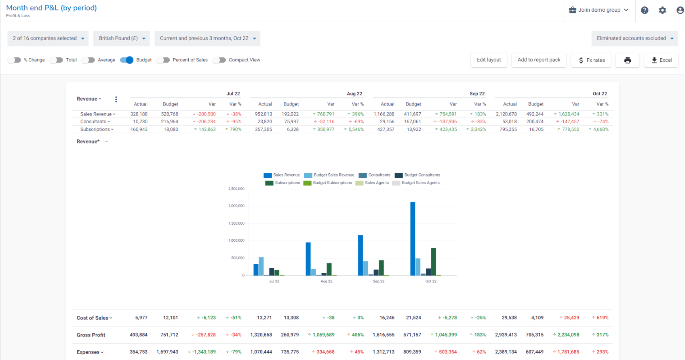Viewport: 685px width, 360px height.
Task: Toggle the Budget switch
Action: pos(127,60)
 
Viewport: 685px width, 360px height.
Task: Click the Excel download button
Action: pos(661,60)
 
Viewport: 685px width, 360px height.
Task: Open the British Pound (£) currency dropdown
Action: pos(122,38)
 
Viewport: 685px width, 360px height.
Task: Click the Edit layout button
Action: pos(489,60)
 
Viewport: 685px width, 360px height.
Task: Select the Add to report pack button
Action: pos(539,60)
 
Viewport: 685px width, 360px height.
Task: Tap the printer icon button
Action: pos(627,60)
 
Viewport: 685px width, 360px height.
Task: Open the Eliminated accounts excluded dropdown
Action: pos(634,38)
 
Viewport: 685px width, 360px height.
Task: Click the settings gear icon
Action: pos(662,11)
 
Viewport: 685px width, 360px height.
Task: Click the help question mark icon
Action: pos(645,11)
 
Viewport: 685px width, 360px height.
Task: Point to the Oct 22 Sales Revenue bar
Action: pos(413,238)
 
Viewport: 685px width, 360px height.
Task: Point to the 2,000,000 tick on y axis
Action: pos(236,206)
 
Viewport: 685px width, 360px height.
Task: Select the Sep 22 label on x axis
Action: pos(378,281)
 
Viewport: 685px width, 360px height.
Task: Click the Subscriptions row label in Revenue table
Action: pos(95,129)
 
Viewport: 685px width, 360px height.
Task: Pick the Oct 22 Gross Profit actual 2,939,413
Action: pos(506,335)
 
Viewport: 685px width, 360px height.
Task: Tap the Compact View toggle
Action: pos(219,60)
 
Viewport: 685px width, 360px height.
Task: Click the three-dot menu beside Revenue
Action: pos(116,99)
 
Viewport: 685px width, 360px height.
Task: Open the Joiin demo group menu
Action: pos(599,10)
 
